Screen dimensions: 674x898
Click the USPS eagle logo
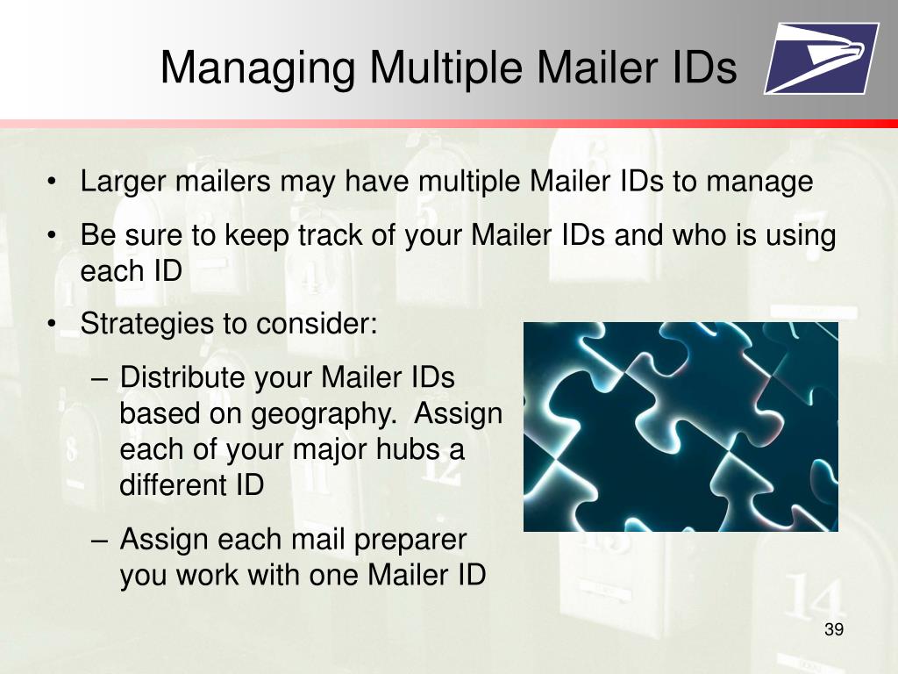[x=821, y=58]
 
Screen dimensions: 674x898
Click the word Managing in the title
[x=258, y=68]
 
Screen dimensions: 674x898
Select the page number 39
[x=834, y=630]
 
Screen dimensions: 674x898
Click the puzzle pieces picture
[x=681, y=427]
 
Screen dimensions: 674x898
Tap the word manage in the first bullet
[x=759, y=183]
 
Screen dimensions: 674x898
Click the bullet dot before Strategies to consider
[x=53, y=324]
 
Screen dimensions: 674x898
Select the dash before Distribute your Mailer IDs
[x=100, y=377]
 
